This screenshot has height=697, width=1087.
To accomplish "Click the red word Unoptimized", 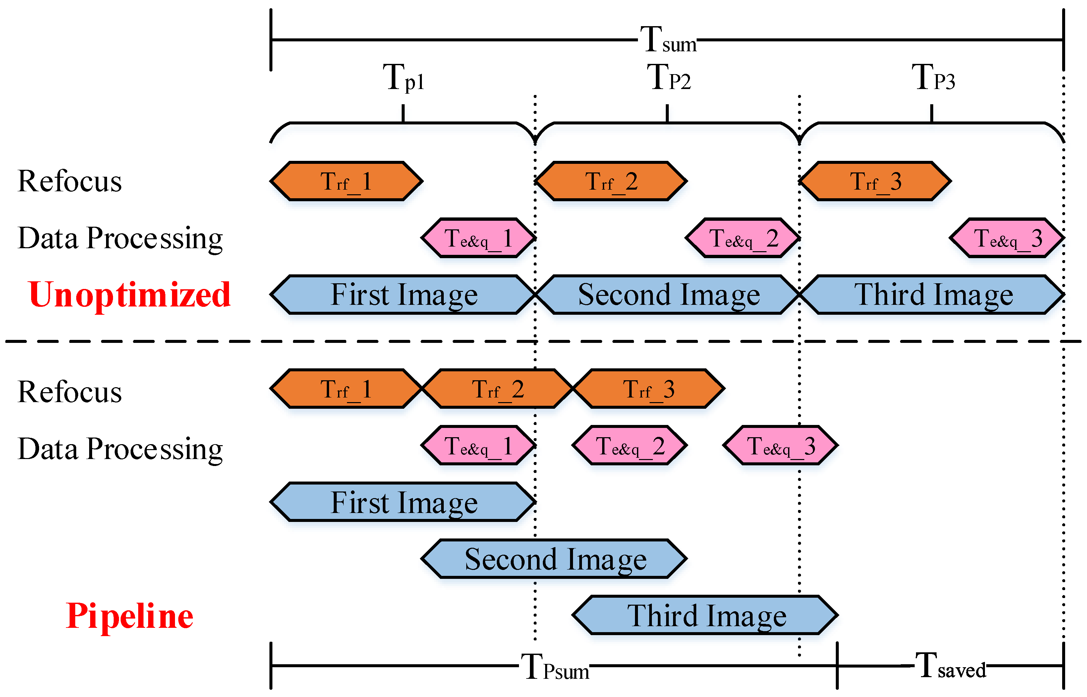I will (129, 295).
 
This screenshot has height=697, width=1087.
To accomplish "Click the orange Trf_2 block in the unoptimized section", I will (611, 181).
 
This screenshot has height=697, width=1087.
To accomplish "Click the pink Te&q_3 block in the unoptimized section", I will (1007, 238).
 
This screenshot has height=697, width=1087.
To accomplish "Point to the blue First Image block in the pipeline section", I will (403, 502).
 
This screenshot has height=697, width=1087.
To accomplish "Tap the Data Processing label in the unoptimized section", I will (120, 238).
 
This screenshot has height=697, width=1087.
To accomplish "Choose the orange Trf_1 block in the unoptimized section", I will (346, 181).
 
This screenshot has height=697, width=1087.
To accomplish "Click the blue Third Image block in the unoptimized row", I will (933, 295).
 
